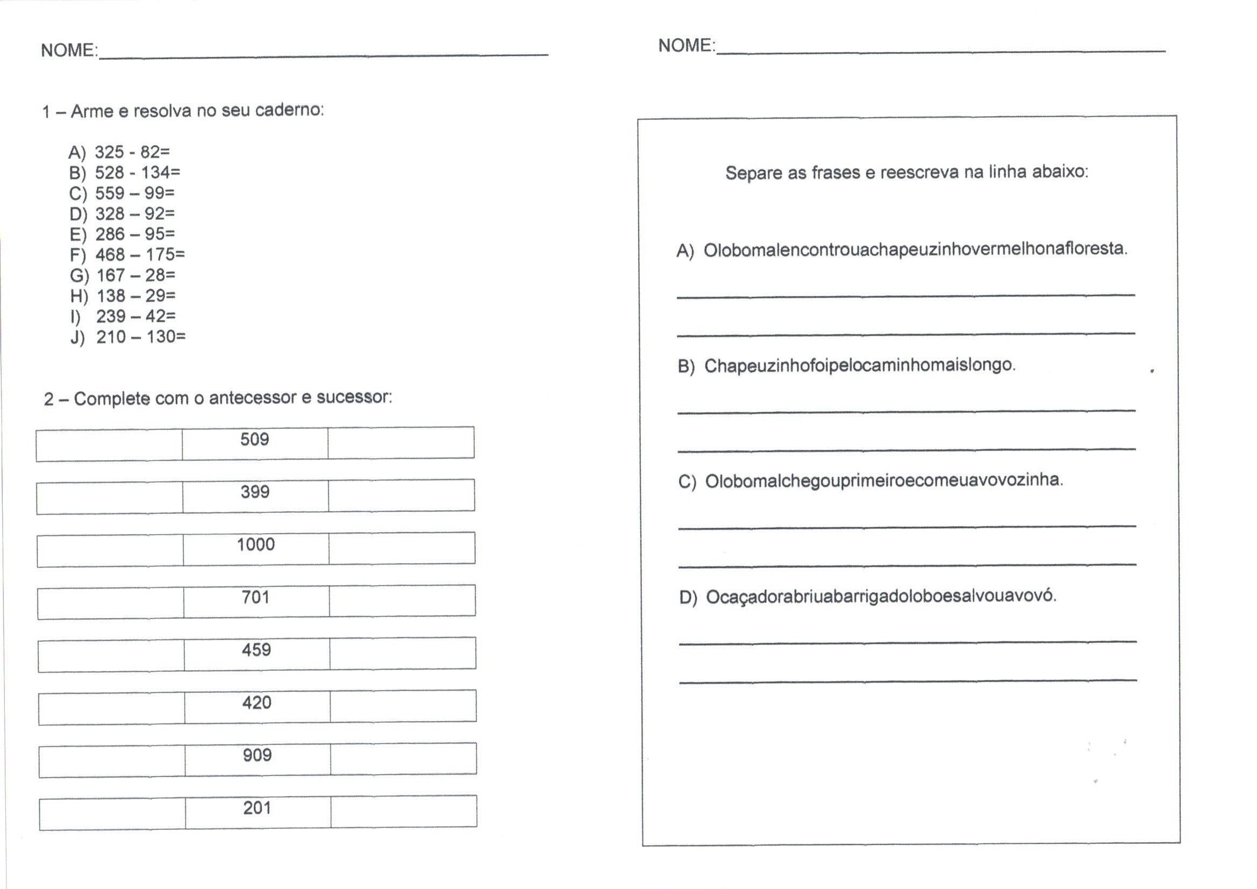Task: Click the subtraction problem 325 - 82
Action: point(131,152)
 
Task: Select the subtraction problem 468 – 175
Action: point(140,255)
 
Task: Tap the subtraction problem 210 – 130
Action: point(141,336)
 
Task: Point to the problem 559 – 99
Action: point(134,193)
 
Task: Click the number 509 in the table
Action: point(255,440)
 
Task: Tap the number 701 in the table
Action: point(256,597)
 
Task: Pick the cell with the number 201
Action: point(257,808)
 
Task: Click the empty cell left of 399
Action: point(110,497)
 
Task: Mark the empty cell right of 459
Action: point(403,654)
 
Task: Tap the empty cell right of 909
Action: point(403,759)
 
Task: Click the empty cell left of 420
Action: point(111,708)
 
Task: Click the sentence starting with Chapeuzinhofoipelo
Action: point(859,365)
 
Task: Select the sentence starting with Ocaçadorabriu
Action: point(880,596)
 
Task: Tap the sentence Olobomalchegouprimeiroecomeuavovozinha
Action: point(884,481)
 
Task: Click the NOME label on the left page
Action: point(68,51)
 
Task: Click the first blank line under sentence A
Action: point(905,295)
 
